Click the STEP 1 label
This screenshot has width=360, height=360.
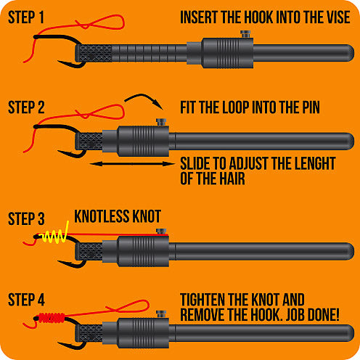tap(26, 17)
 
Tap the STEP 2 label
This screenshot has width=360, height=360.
tap(26, 107)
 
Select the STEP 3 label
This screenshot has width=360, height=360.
tap(26, 218)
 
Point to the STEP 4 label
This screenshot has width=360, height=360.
tap(26, 300)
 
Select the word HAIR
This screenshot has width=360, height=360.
tap(232, 179)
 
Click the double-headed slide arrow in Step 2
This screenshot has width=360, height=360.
tap(132, 164)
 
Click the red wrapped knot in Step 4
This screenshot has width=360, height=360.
tap(52, 318)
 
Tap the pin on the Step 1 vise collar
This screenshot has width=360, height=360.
tap(245, 34)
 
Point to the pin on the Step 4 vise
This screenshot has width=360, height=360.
tap(161, 314)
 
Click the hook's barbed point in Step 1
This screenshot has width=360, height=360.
tap(61, 62)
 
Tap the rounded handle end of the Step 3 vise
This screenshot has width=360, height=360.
tap(348, 251)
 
